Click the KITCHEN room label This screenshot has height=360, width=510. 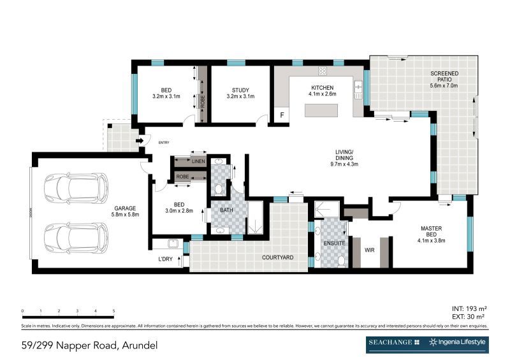[x=321, y=87]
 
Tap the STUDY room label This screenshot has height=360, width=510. [x=240, y=90]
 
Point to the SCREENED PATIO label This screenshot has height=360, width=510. [x=444, y=75]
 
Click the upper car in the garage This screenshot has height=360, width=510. [x=75, y=188]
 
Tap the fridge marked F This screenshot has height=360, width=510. [x=281, y=115]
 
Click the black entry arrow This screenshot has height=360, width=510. [x=139, y=141]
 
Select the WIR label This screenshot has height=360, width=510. [x=369, y=250]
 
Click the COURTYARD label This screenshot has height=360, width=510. [x=277, y=257]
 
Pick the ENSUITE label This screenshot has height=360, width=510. [x=335, y=243]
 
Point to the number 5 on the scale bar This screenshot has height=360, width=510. [x=113, y=311]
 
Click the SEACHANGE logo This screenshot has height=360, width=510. [x=393, y=343]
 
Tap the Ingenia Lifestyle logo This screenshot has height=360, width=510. [x=458, y=343]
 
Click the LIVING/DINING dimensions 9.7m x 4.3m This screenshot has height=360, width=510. [x=344, y=164]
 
